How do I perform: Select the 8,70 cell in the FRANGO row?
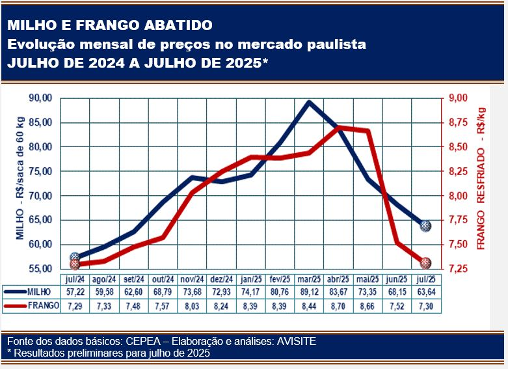[x=338, y=305]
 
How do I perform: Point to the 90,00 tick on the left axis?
[x=41, y=98]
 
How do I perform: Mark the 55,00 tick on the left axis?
[x=41, y=269]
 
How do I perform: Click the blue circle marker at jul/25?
[x=425, y=226]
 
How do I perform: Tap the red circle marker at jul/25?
[x=425, y=263]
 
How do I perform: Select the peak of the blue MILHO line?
[x=308, y=102]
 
